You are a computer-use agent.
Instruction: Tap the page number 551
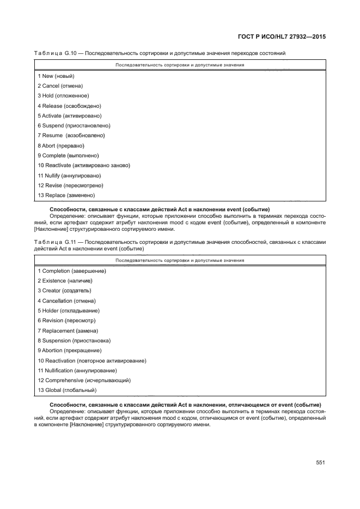pyautogui.click(x=320, y=463)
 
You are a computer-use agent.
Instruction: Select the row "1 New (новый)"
pyautogui.click(x=56, y=76)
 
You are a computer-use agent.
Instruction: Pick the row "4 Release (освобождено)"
pyautogui.click(x=69, y=106)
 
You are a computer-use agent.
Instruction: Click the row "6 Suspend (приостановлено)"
pyautogui.click(x=74, y=126)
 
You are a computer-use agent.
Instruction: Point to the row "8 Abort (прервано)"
pyautogui.click(x=61, y=145)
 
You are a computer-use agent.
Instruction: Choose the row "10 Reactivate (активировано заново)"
pyautogui.click(x=84, y=165)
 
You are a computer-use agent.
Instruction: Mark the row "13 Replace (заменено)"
pyautogui.click(x=66, y=195)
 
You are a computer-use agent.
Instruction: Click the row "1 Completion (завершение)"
pyautogui.click(x=71, y=271)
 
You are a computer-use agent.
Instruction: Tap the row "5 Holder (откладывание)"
pyautogui.click(x=69, y=310)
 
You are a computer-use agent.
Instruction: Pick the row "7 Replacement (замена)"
pyautogui.click(x=68, y=330)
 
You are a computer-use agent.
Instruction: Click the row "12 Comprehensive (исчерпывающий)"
pyautogui.click(x=84, y=380)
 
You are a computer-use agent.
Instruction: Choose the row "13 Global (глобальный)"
pyautogui.click(x=67, y=390)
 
